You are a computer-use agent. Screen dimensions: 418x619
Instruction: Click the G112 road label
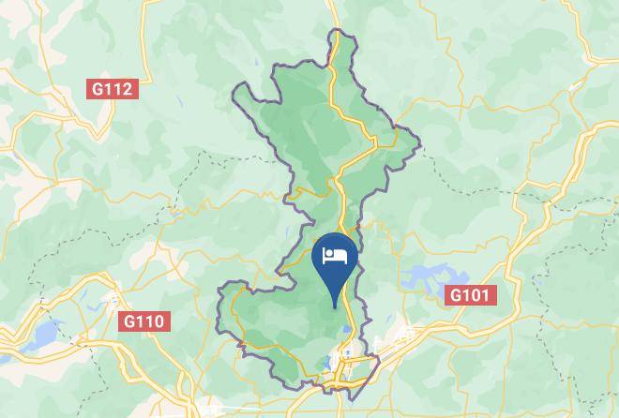(113, 89)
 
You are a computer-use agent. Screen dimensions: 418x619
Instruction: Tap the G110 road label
(144, 321)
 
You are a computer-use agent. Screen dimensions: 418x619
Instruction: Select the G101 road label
(470, 296)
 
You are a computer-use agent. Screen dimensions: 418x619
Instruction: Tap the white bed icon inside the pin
(335, 256)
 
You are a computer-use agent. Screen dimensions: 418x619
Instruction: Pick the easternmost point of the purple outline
(418, 145)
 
